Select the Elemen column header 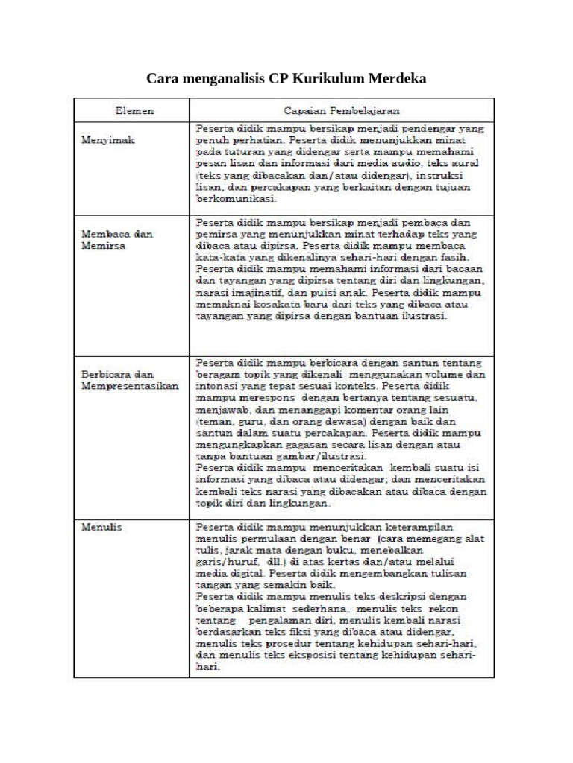pyautogui.click(x=135, y=110)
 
